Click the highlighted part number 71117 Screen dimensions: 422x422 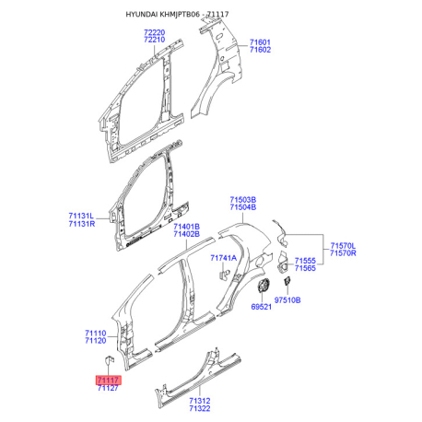(x=109, y=381)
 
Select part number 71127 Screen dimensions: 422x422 (x=108, y=388)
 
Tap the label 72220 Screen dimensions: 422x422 (x=155, y=32)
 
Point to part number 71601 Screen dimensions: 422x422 (x=260, y=42)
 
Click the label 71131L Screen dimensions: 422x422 (x=81, y=216)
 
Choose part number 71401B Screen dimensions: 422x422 (x=186, y=227)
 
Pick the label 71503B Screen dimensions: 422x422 (x=243, y=200)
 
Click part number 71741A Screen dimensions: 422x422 (x=224, y=258)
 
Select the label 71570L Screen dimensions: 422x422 (x=343, y=246)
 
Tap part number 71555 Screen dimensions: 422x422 (x=305, y=261)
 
